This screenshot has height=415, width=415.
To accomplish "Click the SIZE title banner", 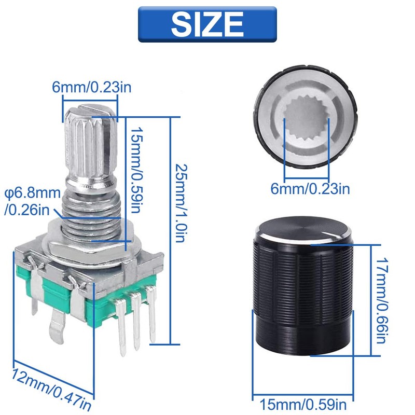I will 207,24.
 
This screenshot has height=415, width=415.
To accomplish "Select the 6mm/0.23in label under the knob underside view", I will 310,188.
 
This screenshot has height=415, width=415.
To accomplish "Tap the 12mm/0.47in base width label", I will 52,386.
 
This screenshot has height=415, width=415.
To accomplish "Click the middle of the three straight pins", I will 136,322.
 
